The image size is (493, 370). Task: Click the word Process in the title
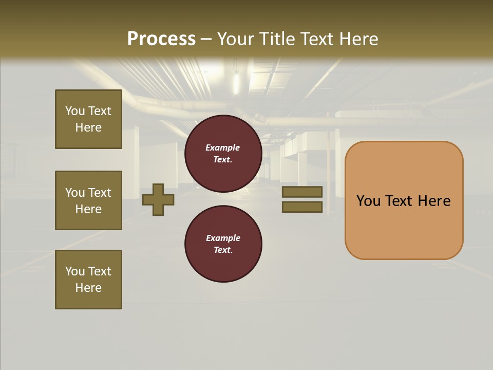pyautogui.click(x=161, y=39)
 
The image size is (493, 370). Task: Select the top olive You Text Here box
pyautogui.click(x=88, y=119)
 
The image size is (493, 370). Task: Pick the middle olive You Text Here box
pyautogui.click(x=88, y=200)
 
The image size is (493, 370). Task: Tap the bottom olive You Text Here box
pyautogui.click(x=88, y=280)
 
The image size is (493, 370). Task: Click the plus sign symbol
pyautogui.click(x=158, y=199)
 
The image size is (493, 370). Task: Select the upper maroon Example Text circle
pyautogui.click(x=223, y=154)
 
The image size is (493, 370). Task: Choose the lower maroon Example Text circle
pyautogui.click(x=223, y=244)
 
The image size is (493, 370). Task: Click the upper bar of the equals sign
pyautogui.click(x=302, y=192)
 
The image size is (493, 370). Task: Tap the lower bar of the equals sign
pyautogui.click(x=302, y=207)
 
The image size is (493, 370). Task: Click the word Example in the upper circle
pyautogui.click(x=223, y=147)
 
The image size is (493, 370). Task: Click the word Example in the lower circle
pyautogui.click(x=223, y=238)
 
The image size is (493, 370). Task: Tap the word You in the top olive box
pyautogui.click(x=74, y=111)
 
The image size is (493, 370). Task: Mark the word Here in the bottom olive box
pyautogui.click(x=88, y=288)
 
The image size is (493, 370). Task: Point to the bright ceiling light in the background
pyautogui.click(x=236, y=82)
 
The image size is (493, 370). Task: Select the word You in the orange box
pyautogui.click(x=368, y=201)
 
